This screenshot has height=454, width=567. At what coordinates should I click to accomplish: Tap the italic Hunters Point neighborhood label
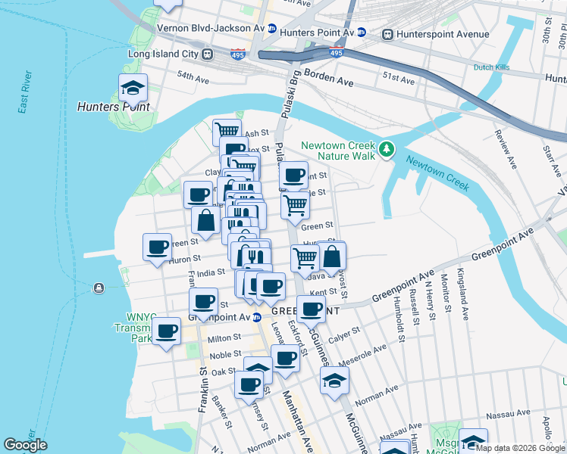(113, 107)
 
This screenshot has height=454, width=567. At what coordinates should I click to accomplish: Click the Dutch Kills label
(491, 67)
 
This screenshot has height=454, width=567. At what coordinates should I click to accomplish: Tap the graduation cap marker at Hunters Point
(133, 88)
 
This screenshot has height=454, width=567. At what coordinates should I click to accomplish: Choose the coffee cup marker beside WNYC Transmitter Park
(167, 331)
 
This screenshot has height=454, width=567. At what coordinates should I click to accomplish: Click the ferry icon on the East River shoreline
(99, 288)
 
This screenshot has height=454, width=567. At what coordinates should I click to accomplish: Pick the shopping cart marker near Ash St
(227, 132)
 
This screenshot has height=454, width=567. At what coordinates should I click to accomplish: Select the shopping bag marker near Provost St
(332, 257)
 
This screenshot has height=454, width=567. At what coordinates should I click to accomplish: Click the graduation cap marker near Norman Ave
(334, 381)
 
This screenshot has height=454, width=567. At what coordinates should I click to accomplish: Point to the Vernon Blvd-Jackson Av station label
(209, 28)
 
